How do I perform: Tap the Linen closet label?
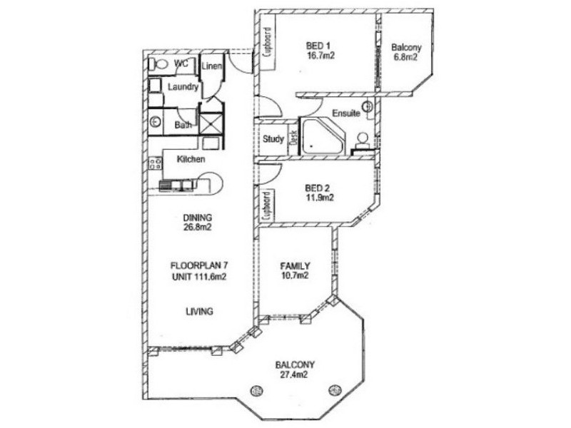pyautogui.click(x=212, y=66)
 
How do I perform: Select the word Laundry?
pyautogui.click(x=183, y=86)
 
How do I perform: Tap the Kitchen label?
pyautogui.click(x=191, y=159)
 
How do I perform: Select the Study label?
pyautogui.click(x=273, y=139)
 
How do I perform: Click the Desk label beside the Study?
pyautogui.click(x=293, y=138)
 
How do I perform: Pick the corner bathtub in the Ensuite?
pyautogui.click(x=321, y=137)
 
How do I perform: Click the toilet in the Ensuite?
pyautogui.click(x=363, y=138)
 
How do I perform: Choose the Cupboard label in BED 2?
pyautogui.click(x=266, y=205)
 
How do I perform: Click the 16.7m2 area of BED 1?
pyautogui.click(x=321, y=55)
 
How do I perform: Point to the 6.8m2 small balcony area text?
pyautogui.click(x=406, y=58)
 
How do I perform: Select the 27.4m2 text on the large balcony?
pyautogui.click(x=295, y=374)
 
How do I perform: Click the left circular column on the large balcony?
pyautogui.click(x=256, y=389)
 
